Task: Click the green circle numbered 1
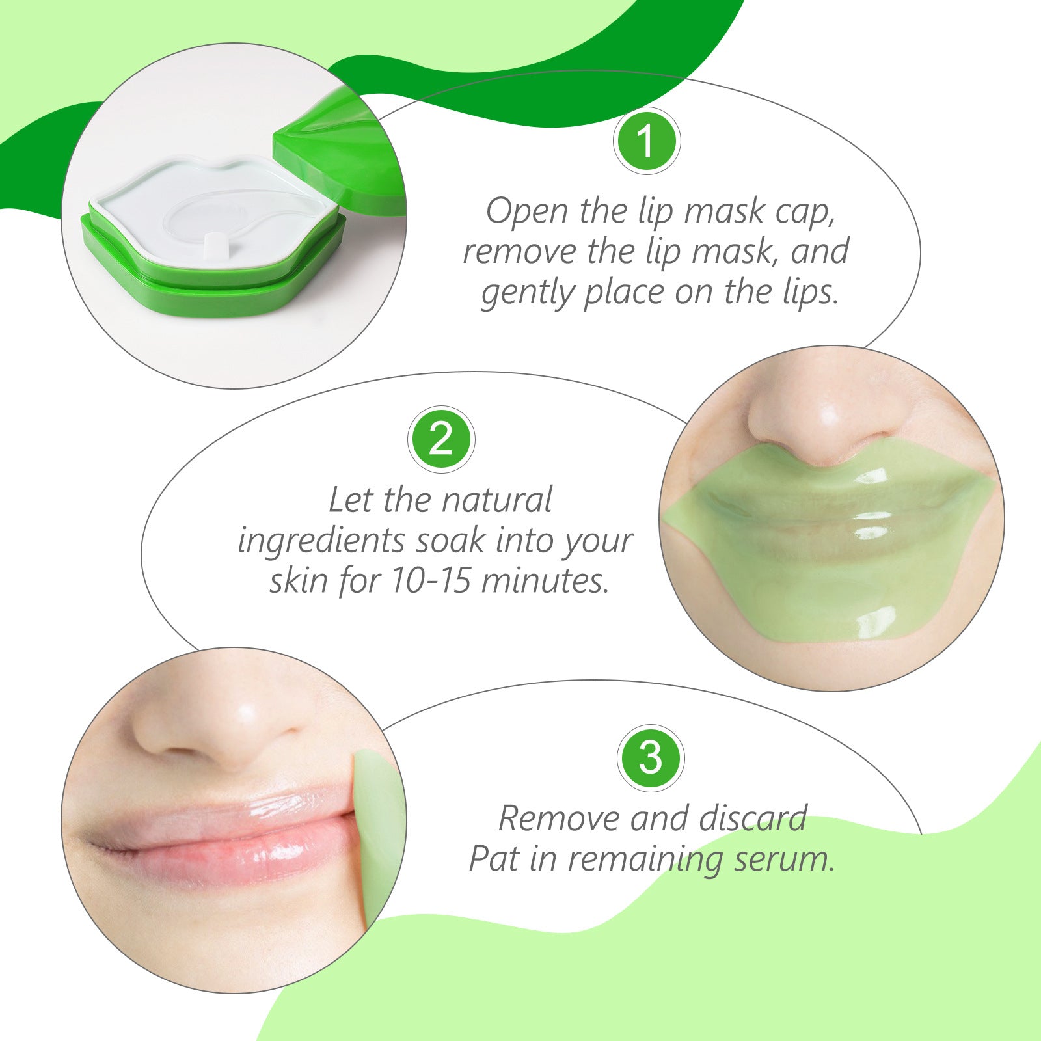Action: [646, 141]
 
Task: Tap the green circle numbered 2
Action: [441, 440]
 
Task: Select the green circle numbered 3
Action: [650, 758]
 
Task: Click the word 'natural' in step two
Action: [496, 500]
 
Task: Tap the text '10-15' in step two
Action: [430, 580]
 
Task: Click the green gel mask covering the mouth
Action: [826, 553]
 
